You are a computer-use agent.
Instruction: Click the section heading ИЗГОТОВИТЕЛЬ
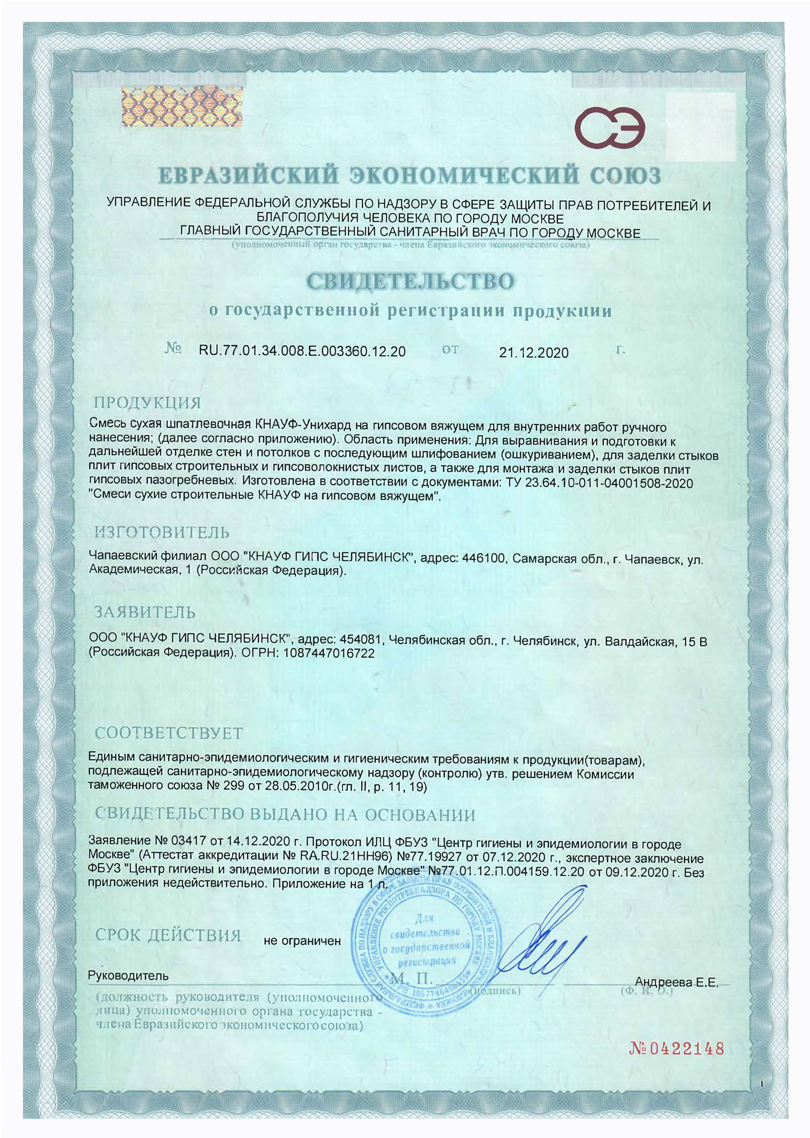(x=162, y=532)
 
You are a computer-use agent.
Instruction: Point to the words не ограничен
(x=302, y=941)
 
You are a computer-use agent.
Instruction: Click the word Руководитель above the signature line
(x=128, y=975)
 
